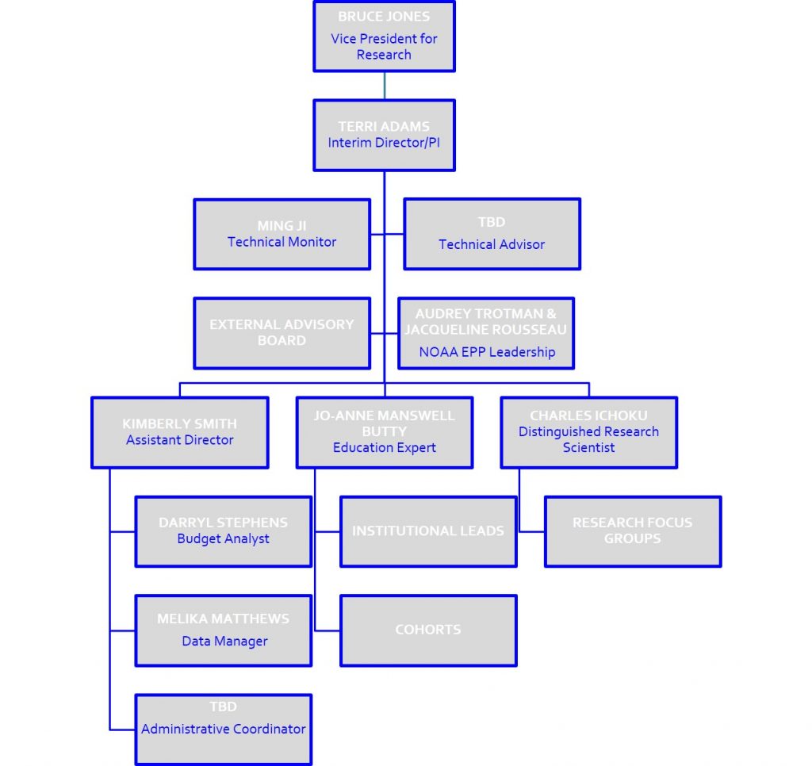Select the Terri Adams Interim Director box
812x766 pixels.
(384, 135)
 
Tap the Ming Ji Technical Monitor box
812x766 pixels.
(282, 234)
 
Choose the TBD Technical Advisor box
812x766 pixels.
(492, 234)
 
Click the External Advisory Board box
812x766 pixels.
(282, 333)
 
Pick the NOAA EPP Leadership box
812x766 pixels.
(486, 333)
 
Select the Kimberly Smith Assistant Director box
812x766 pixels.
(180, 432)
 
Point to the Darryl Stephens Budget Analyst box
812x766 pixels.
(223, 531)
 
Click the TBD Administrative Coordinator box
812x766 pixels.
(223, 730)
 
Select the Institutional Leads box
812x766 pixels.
(428, 531)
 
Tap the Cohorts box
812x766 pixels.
(428, 630)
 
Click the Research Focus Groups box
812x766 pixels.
(632, 531)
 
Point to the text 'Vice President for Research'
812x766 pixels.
(384, 47)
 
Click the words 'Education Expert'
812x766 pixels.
(385, 448)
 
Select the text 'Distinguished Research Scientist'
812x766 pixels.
(588, 440)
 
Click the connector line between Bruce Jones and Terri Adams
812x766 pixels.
(385, 86)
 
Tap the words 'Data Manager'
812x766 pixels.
(224, 642)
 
